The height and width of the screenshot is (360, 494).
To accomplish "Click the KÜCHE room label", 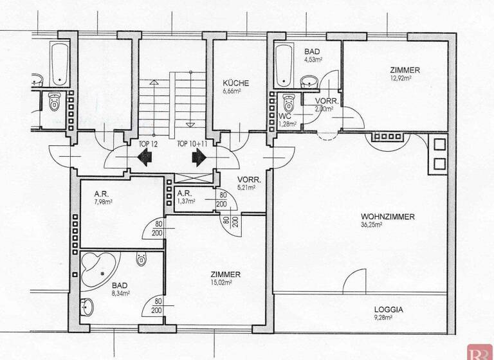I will point(236,83).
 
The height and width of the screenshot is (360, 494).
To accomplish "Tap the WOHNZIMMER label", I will point(387,217).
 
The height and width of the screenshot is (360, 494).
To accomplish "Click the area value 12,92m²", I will point(405,78).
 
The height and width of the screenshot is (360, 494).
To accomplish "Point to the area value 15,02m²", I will point(224,282).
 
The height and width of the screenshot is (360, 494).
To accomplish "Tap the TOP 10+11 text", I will point(192,143).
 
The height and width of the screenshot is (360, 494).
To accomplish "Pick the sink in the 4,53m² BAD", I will point(310,82).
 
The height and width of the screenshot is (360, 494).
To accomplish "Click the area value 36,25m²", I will point(372,225).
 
